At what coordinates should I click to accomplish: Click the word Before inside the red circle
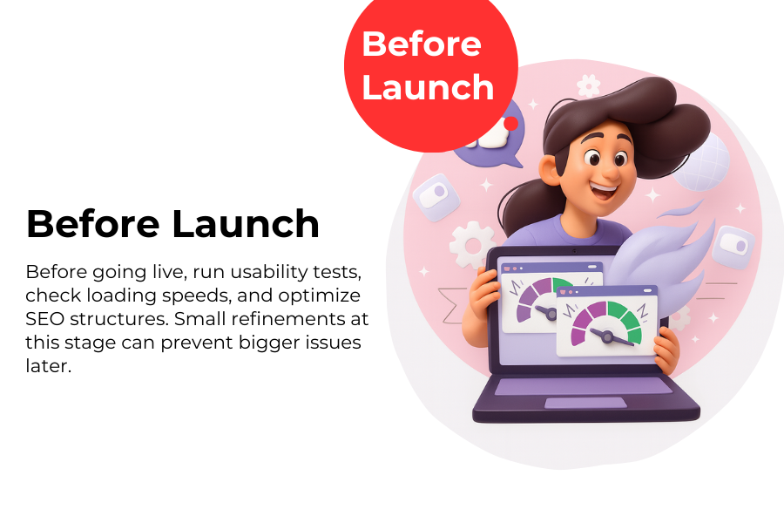tap(422, 44)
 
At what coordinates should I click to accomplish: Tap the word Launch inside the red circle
tap(428, 87)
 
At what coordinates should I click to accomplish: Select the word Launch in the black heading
tap(246, 224)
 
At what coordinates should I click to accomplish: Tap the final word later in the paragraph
tap(49, 366)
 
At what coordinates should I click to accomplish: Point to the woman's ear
tap(549, 169)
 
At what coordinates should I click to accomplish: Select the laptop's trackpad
tap(585, 403)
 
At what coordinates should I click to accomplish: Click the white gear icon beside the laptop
tap(471, 245)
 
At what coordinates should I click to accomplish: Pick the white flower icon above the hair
tap(589, 85)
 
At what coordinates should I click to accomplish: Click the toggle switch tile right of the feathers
tap(733, 247)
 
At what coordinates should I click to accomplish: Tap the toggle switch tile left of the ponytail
tap(436, 197)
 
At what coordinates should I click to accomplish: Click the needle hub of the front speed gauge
tap(607, 336)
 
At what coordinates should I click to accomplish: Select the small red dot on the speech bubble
tap(510, 123)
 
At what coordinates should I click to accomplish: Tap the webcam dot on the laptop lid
tap(575, 251)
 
